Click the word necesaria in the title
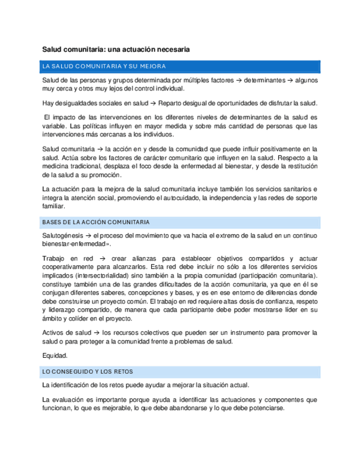click(170, 49)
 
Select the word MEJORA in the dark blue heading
click(153, 66)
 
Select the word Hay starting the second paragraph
click(48, 103)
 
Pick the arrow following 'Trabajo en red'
click(103, 258)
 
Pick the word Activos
click(54, 333)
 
